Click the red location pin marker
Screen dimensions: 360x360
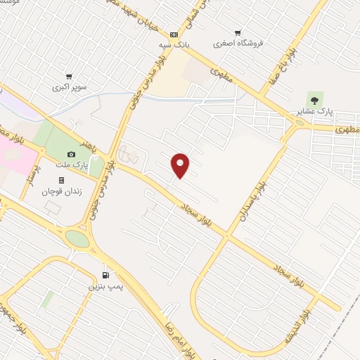[x=181, y=165]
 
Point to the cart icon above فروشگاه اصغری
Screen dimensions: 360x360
[x=238, y=32]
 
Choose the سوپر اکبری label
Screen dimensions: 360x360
[x=67, y=87]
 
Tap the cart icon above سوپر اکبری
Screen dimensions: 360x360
[x=68, y=77]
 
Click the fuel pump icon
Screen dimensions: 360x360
[x=105, y=275]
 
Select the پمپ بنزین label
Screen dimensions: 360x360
[x=100, y=286]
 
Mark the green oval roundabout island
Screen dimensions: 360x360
[x=78, y=239]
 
